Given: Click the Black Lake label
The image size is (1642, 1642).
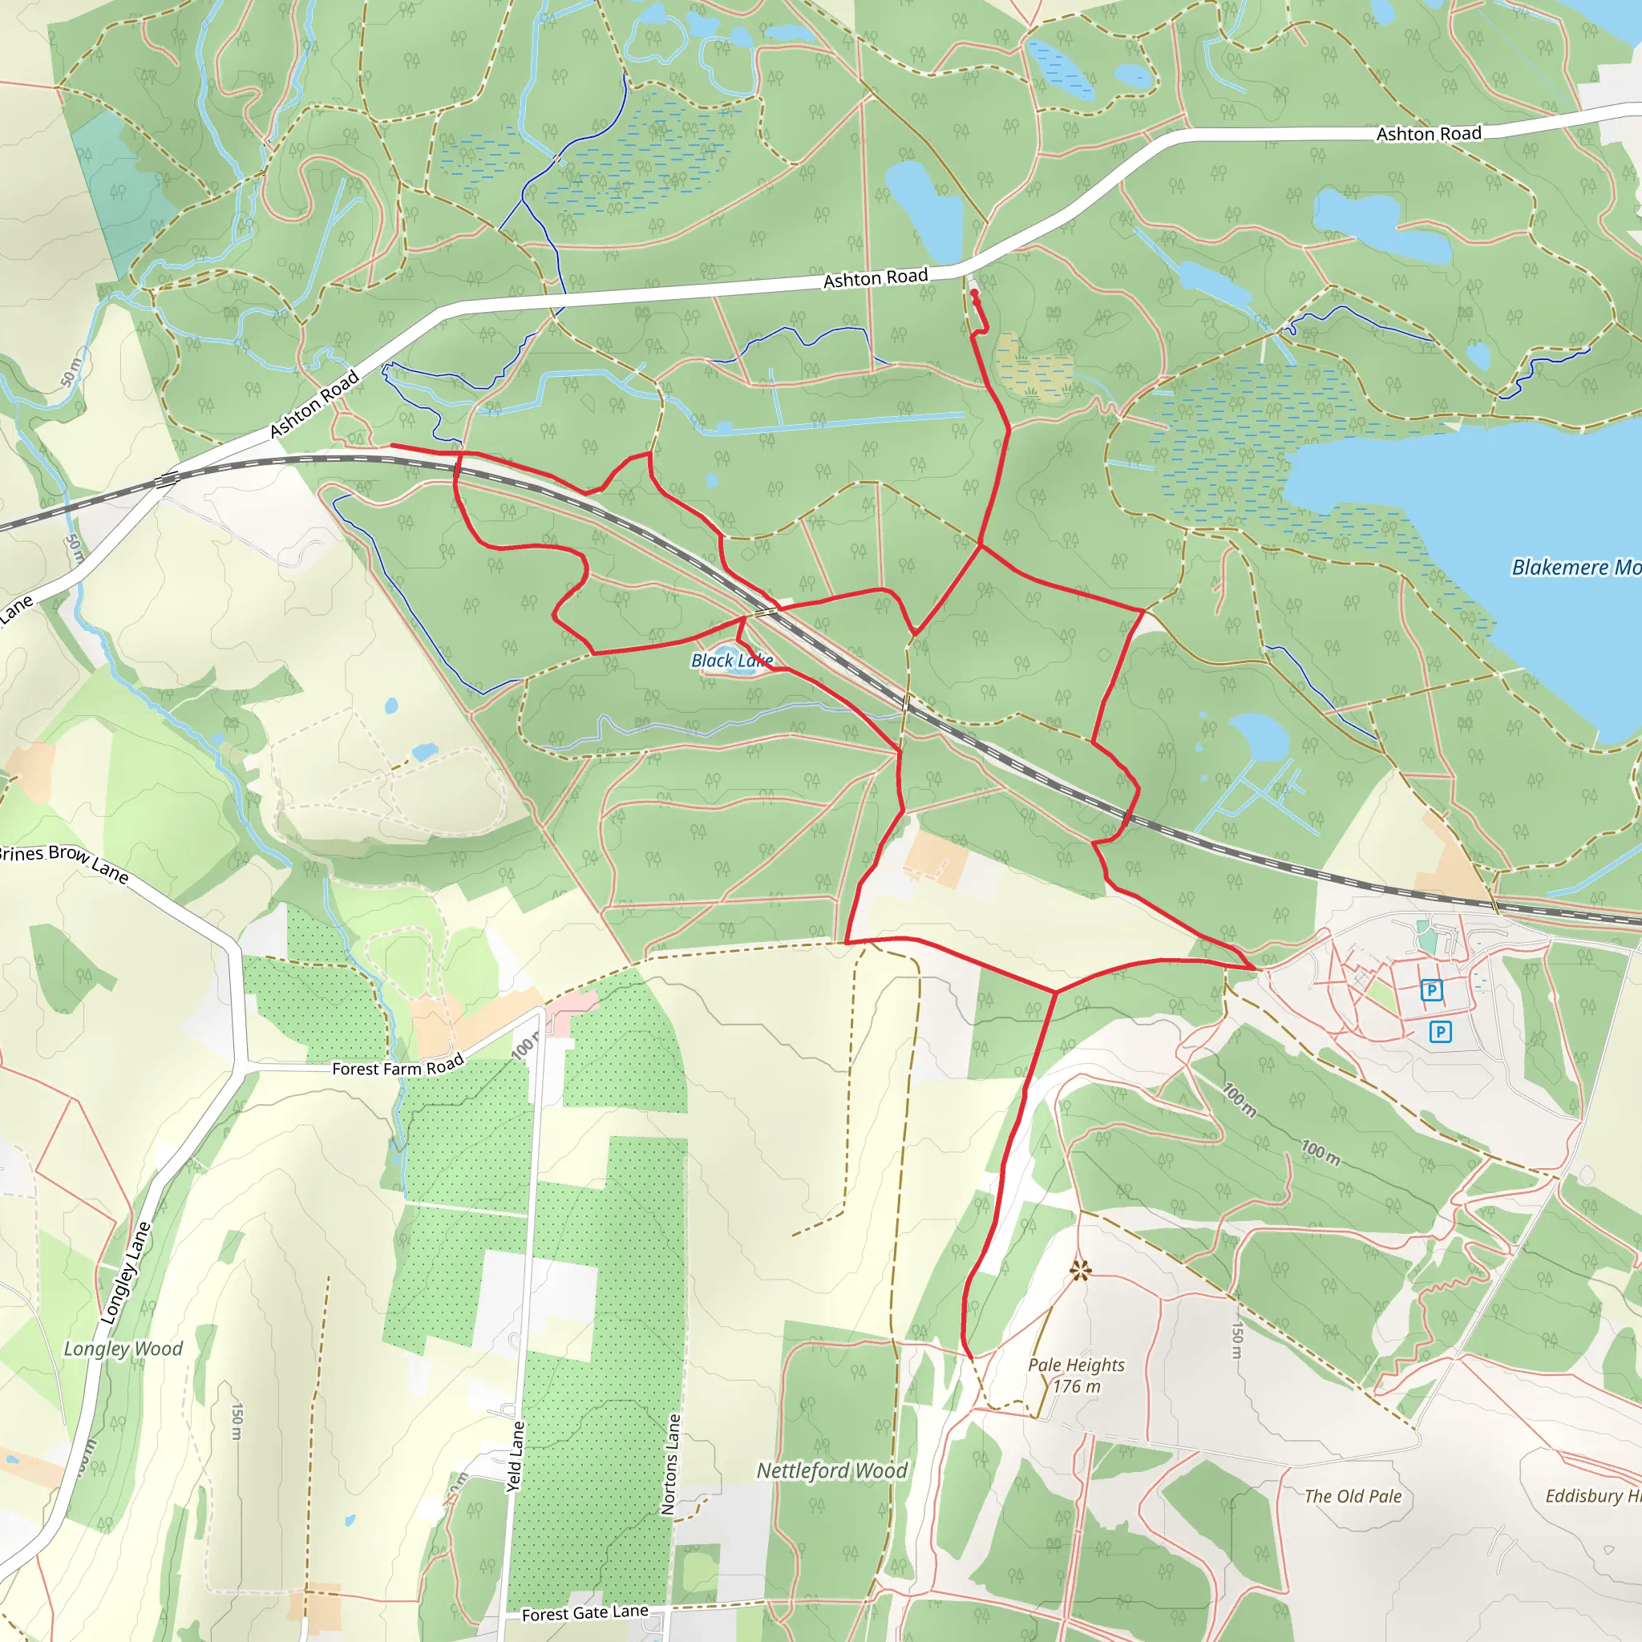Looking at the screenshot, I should click(x=732, y=661).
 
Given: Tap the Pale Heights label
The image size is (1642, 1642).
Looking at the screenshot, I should click(x=1076, y=1365).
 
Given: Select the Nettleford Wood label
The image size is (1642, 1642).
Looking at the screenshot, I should click(x=832, y=1470).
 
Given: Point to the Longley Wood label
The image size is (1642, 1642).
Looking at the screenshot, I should click(x=123, y=1349).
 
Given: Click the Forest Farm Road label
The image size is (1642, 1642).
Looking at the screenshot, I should click(x=398, y=1066).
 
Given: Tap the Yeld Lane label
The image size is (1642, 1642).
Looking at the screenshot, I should click(x=515, y=1456).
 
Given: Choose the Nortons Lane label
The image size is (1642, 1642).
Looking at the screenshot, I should click(x=670, y=1463).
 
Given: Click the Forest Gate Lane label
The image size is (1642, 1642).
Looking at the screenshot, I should click(x=584, y=1612).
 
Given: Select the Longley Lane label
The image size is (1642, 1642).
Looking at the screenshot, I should click(x=126, y=1272).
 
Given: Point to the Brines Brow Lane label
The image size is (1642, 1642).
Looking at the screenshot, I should click(x=64, y=862).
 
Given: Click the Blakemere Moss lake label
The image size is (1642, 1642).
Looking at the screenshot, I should click(x=1575, y=567).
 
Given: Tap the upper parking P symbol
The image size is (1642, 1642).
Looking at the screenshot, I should click(x=1432, y=990).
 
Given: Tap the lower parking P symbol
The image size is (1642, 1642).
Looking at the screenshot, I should click(x=1440, y=1032).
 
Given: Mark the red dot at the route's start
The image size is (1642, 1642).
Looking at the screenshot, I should click(x=974, y=293).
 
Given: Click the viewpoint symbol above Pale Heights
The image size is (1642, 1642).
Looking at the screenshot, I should click(x=1080, y=1271).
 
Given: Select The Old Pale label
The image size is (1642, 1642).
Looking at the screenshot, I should click(x=1353, y=1496).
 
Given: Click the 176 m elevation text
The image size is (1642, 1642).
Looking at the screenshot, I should click(x=1076, y=1386).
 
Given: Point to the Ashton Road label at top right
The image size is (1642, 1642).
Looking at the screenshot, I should click(x=1429, y=133).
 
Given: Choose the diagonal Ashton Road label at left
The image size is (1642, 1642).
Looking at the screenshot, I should click(x=314, y=405).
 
